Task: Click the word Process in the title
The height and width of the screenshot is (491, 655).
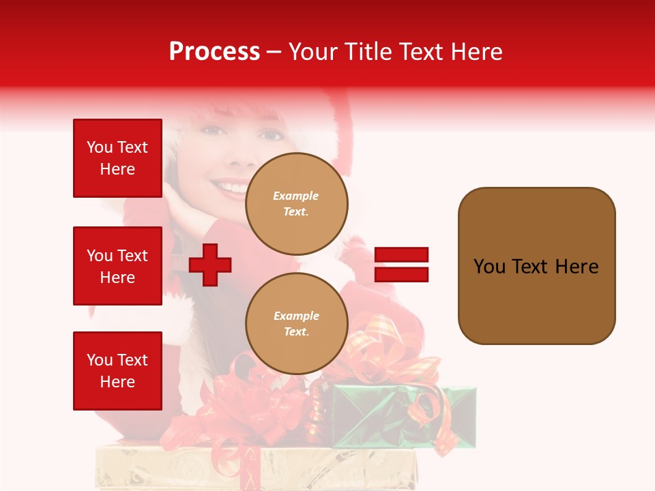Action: [x=214, y=52]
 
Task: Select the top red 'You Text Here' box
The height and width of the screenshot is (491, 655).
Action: [x=117, y=158]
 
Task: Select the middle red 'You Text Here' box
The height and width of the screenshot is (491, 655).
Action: [x=117, y=266]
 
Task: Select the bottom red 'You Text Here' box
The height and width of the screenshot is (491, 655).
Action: [x=117, y=371]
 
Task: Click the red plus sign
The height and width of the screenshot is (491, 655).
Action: [x=210, y=265]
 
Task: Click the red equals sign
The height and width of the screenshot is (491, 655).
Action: [x=401, y=265]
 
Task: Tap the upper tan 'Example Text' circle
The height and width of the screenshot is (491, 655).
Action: [x=296, y=204]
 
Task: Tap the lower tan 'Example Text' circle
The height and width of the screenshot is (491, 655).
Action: [x=296, y=324]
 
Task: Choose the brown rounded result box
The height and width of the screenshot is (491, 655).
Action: [x=536, y=266]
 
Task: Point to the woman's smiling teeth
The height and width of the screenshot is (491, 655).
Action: [x=230, y=186]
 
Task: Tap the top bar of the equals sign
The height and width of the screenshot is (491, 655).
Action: [x=401, y=255]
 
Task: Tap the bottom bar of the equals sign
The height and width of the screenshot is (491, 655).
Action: [x=401, y=274]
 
